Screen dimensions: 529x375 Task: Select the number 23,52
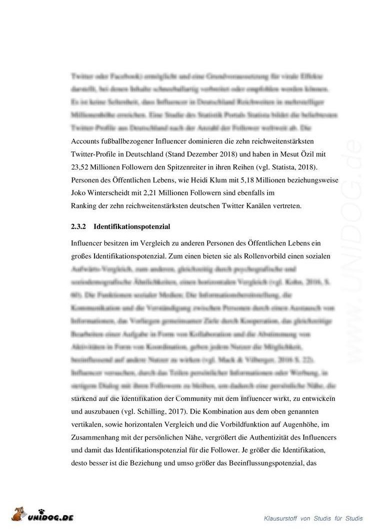point(80,167)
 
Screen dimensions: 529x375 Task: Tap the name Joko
point(79,193)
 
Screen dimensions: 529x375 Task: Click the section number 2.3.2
point(79,226)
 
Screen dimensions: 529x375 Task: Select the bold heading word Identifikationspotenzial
point(132,226)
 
